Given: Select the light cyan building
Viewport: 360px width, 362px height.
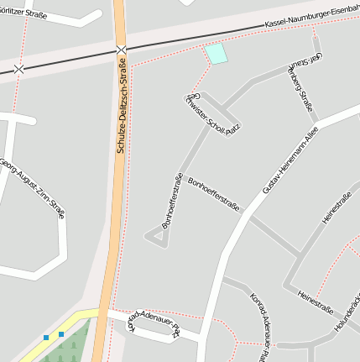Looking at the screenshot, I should pyautogui.click(x=216, y=55).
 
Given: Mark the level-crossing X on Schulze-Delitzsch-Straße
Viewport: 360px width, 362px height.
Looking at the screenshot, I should pyautogui.click(x=123, y=50).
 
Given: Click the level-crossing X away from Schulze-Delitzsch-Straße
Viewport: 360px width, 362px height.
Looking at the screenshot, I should pyautogui.click(x=19, y=69).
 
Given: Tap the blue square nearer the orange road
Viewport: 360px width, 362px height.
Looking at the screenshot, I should pyautogui.click(x=60, y=335).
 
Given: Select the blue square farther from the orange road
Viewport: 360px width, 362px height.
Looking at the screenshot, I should pyautogui.click(x=46, y=338).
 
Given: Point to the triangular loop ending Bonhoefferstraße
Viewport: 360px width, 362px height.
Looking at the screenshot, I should pyautogui.click(x=156, y=238).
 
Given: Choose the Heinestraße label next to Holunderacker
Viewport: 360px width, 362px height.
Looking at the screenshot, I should pyautogui.click(x=316, y=300).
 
